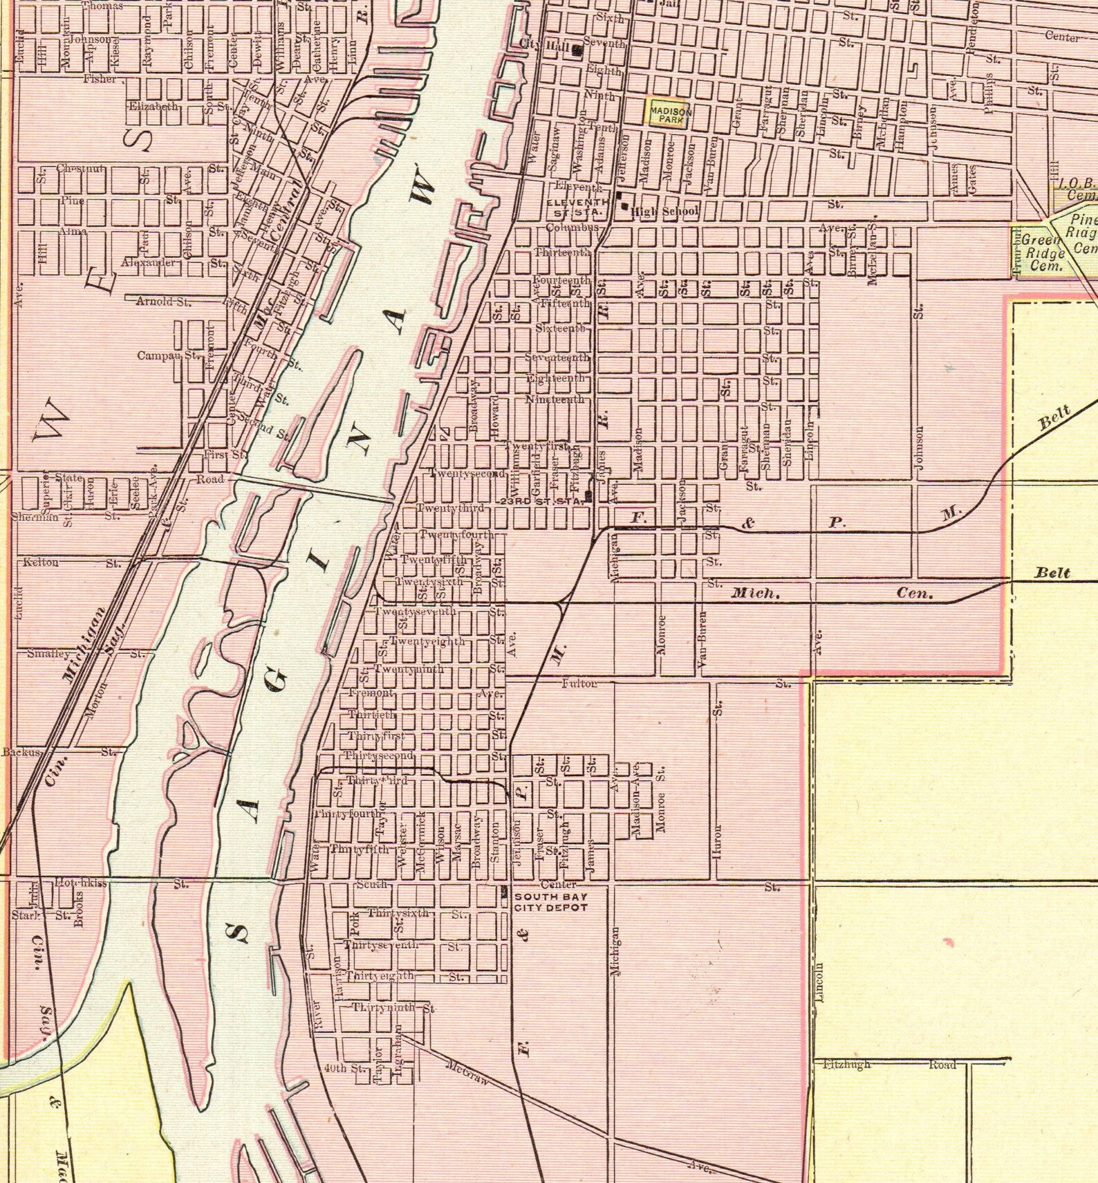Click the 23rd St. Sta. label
542,501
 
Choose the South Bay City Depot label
551,902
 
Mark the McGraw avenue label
467,1072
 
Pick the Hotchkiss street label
81,883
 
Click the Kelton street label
41,562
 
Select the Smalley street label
48,653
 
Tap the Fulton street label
579,684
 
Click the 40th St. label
345,1068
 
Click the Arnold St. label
163,301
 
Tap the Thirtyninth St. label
393,1008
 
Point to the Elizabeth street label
153,107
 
